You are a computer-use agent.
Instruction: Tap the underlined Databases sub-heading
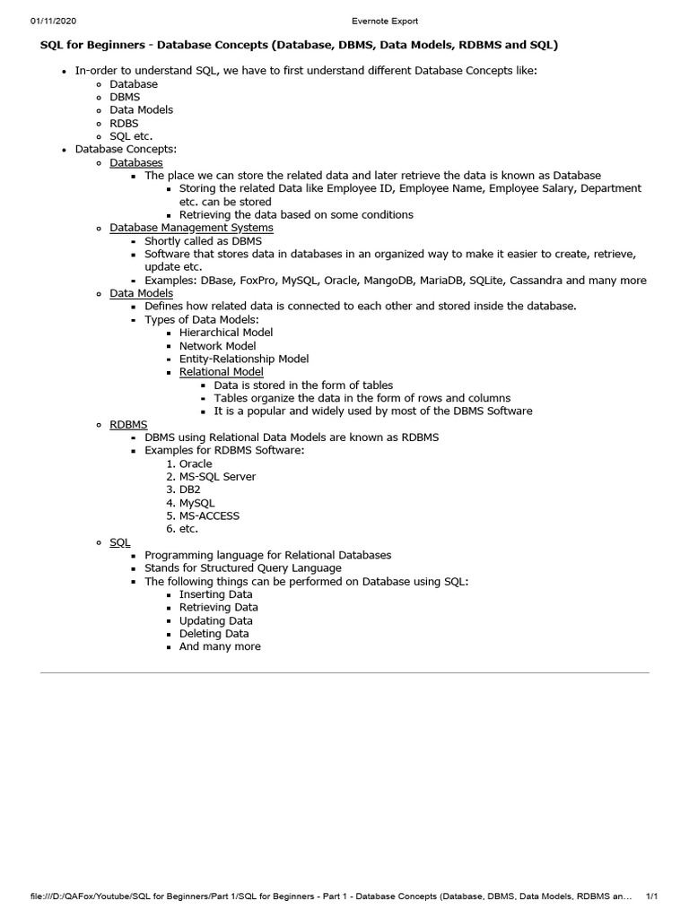coord(136,162)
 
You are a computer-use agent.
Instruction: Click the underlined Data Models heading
coord(141,293)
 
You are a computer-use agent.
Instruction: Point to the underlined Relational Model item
coord(221,371)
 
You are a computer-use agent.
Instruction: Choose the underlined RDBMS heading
coord(128,424)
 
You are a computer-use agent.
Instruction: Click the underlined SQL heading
coord(119,542)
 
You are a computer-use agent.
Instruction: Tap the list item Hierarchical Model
coord(226,333)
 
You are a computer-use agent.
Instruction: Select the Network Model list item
coord(217,346)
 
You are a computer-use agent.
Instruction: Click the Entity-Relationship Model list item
coord(244,359)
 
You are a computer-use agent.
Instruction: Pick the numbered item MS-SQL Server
coord(217,477)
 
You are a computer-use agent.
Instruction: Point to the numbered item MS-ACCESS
coord(209,515)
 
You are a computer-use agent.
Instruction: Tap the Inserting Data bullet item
coord(215,594)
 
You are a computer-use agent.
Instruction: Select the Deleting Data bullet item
coord(214,633)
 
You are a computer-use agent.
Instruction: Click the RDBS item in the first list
coord(124,123)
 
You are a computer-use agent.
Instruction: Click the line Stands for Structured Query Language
coord(242,568)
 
